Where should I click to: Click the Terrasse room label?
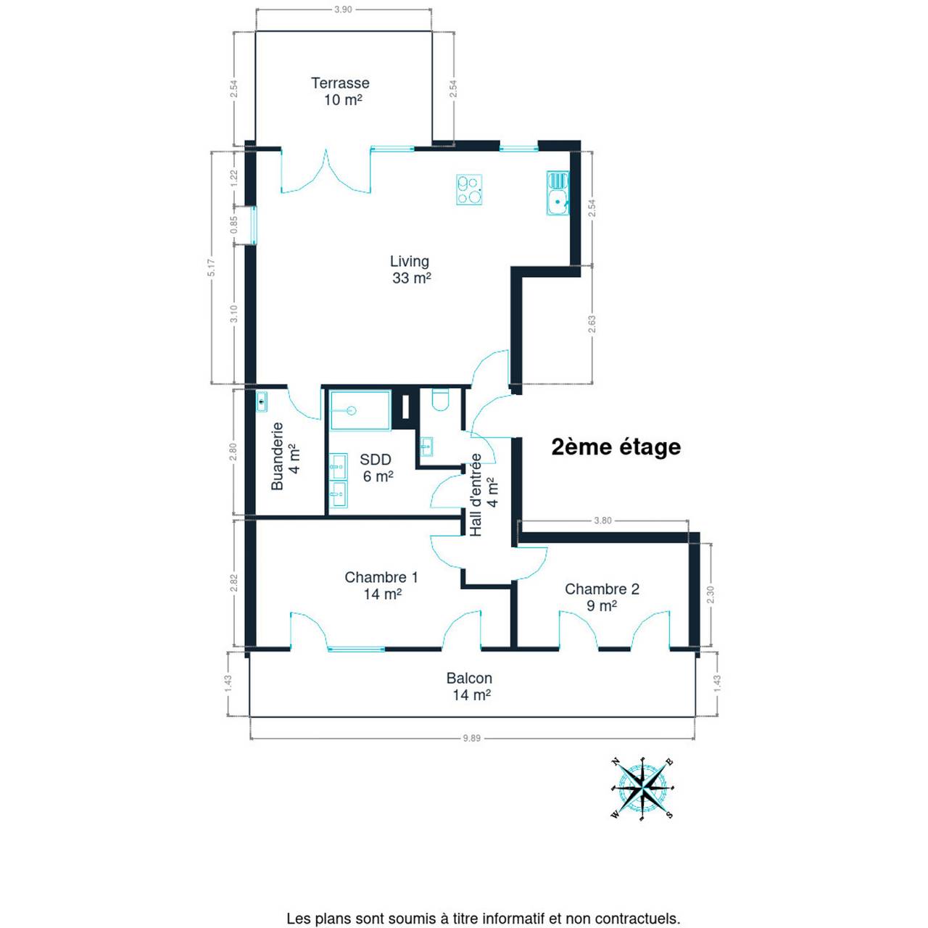[340, 91]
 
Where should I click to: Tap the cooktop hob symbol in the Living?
[469, 189]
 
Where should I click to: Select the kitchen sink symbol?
[558, 193]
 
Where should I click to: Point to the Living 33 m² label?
[410, 269]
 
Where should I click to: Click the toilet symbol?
[440, 399]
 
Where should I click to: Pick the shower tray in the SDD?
[360, 410]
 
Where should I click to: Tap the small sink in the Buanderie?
[262, 401]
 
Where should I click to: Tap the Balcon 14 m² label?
[470, 687]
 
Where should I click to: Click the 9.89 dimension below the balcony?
[472, 738]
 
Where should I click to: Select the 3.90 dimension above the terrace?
[344, 9]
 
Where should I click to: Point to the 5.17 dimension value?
[212, 268]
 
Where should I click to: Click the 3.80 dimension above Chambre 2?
[603, 520]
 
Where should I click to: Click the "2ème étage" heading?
[616, 447]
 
